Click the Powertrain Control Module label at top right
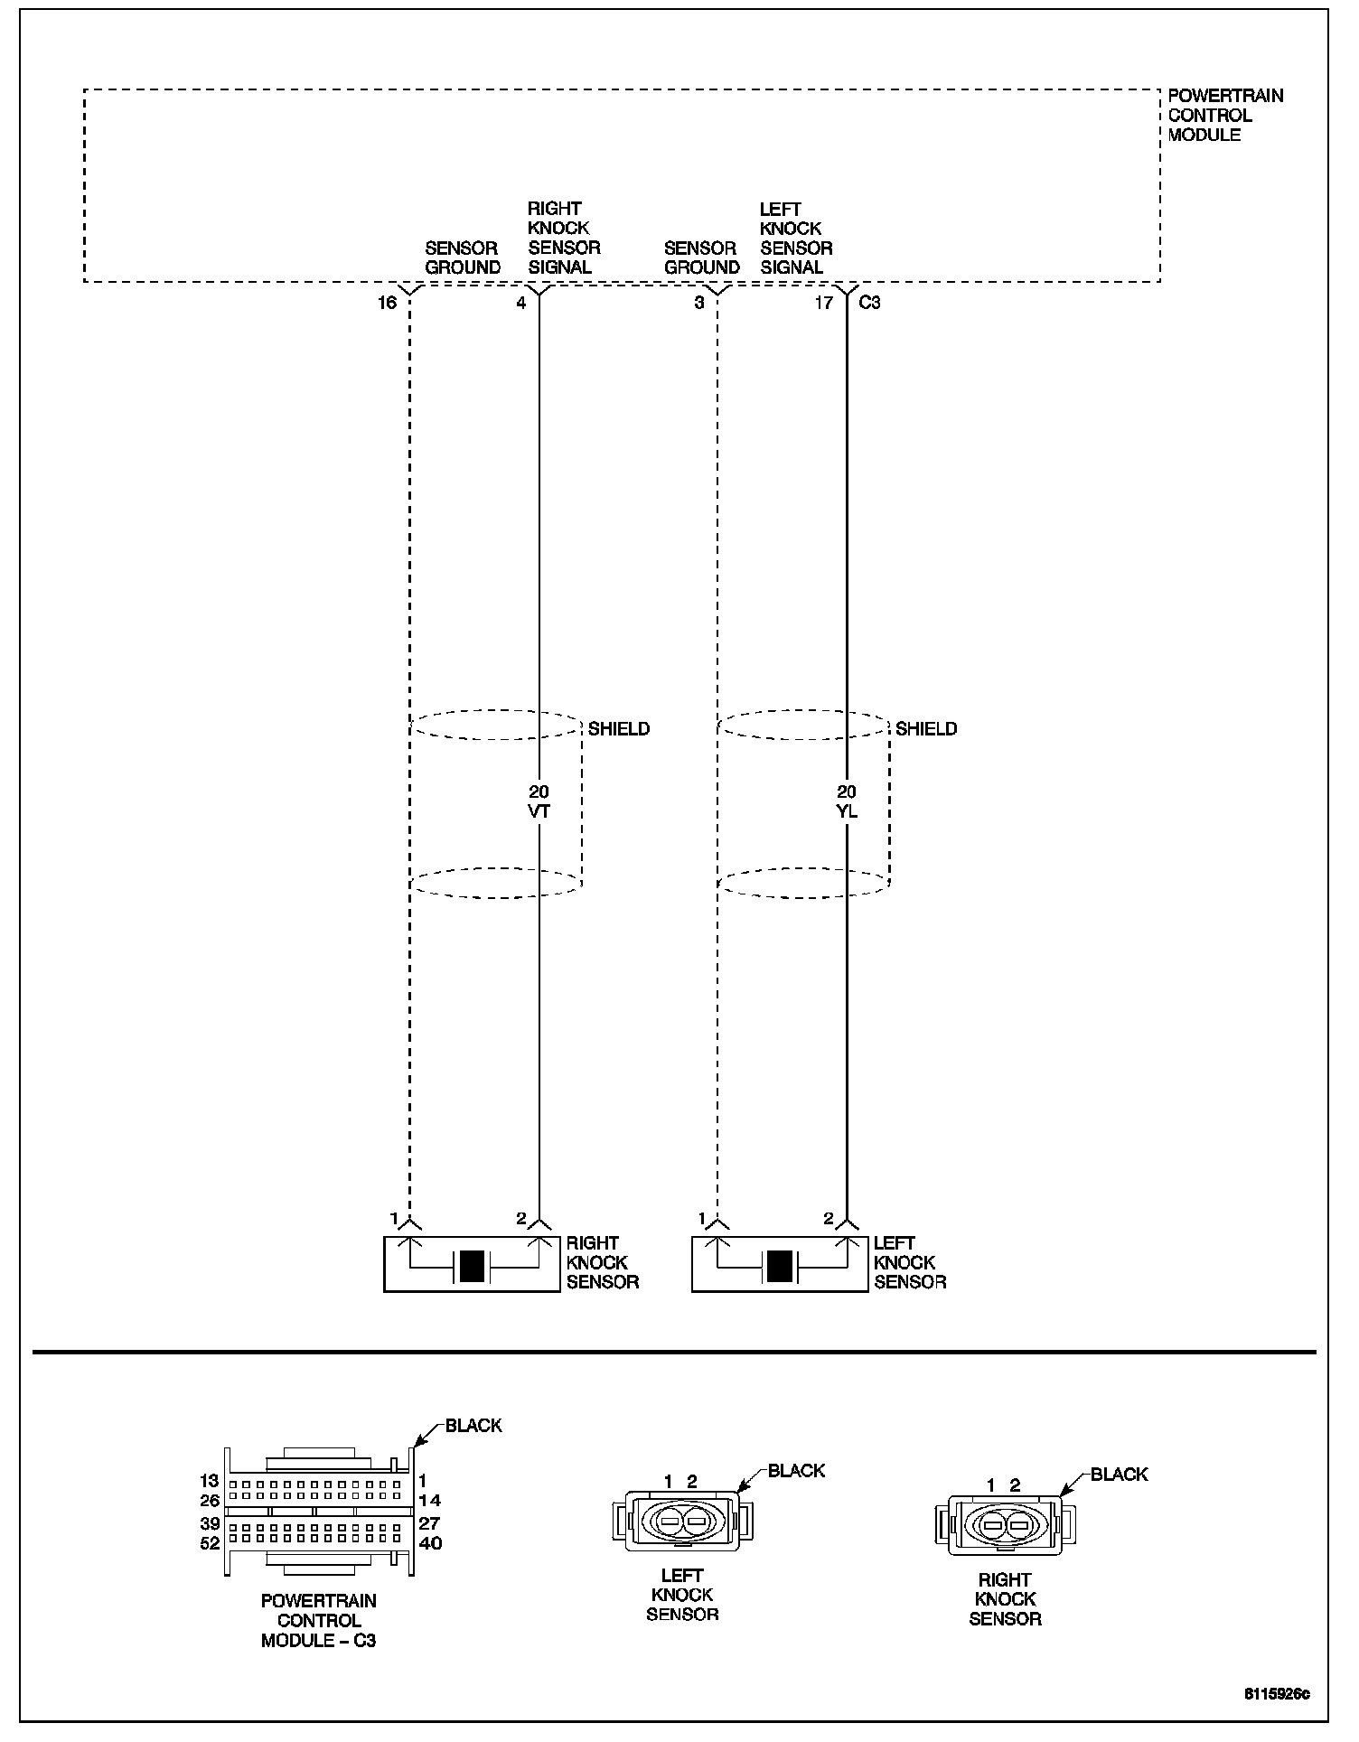(x=1224, y=115)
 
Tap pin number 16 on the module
(x=387, y=303)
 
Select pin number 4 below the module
(x=521, y=303)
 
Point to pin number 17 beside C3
(x=823, y=303)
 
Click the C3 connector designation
(x=869, y=303)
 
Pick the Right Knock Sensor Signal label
(x=564, y=238)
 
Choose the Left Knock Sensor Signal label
(x=795, y=238)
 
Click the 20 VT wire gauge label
(x=539, y=801)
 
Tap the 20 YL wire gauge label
(x=847, y=801)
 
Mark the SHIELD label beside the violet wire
(x=619, y=728)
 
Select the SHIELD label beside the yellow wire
(x=926, y=728)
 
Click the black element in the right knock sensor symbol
(x=472, y=1266)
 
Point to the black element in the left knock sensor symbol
(x=779, y=1266)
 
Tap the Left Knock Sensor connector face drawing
(x=683, y=1523)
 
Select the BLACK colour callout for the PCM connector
(x=473, y=1426)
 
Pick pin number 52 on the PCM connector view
(x=210, y=1543)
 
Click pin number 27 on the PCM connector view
(x=430, y=1523)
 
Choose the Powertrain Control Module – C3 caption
(x=319, y=1620)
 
